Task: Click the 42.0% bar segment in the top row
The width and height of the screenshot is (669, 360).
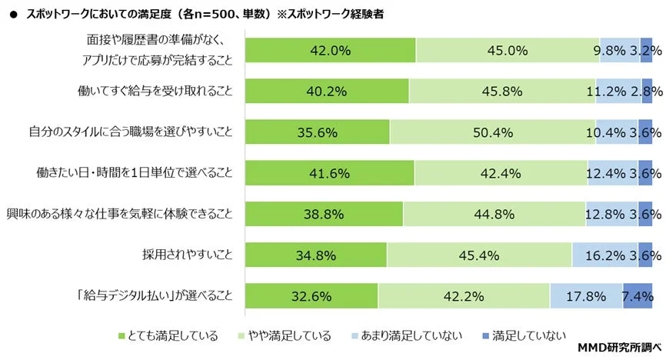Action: (330, 51)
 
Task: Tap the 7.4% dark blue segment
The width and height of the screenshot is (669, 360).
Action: (637, 295)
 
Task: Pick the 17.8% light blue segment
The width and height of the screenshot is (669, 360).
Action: (585, 295)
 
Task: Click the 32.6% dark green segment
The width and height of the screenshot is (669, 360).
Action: (311, 295)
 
